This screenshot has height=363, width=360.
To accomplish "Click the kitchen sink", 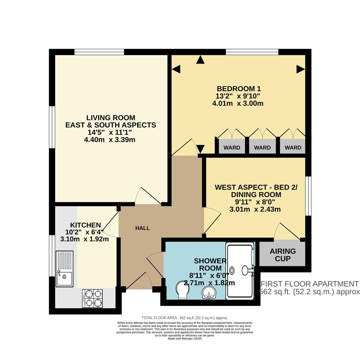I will click(x=64, y=269).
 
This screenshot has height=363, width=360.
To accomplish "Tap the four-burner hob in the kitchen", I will click(x=92, y=298).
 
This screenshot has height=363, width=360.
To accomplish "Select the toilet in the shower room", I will click(x=183, y=290).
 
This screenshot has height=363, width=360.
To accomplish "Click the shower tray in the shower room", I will click(x=240, y=271).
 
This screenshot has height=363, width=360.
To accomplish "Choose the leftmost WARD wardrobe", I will click(x=232, y=147).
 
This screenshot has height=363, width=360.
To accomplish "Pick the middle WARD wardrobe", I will click(x=263, y=147).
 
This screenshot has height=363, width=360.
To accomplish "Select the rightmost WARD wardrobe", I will click(x=293, y=147).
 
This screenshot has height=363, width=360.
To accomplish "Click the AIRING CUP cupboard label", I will click(x=283, y=255).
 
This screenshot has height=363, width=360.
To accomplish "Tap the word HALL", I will click(x=143, y=228).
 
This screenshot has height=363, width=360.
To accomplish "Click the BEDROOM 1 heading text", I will click(x=239, y=89).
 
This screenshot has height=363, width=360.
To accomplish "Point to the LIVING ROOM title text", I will click(x=111, y=118).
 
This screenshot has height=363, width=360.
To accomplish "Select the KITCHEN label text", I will click(x=85, y=225).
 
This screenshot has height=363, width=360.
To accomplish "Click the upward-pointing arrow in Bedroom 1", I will click(x=200, y=60).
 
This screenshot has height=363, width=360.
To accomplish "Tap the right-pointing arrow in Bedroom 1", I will click(x=301, y=69).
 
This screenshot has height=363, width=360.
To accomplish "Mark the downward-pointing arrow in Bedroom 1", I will click(x=200, y=149).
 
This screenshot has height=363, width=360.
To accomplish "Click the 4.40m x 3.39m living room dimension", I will click(x=110, y=139).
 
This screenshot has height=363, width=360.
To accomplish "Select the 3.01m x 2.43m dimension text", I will click(x=255, y=209).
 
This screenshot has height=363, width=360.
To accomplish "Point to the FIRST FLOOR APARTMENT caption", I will click(x=310, y=284).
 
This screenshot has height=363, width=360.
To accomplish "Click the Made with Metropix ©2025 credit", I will click(x=185, y=338).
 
